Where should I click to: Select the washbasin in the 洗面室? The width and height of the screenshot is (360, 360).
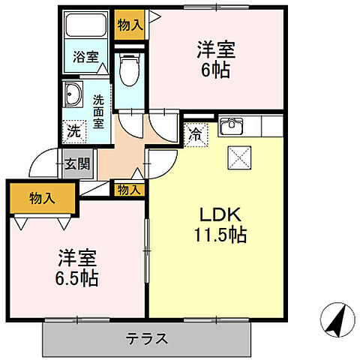pos(74,95)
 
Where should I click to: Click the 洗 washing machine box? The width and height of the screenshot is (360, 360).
pos(73,129)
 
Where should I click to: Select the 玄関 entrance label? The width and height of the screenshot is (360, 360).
pos(73,164)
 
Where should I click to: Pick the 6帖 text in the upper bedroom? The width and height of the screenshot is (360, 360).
pos(215,72)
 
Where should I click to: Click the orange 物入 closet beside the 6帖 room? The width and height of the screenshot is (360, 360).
pos(130,25)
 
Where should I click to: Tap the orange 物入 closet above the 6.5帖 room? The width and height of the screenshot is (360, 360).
pos(42,199)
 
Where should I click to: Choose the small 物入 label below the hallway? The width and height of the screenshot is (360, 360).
pos(129,190)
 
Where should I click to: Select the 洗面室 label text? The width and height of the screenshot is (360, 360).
pos(99,109)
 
